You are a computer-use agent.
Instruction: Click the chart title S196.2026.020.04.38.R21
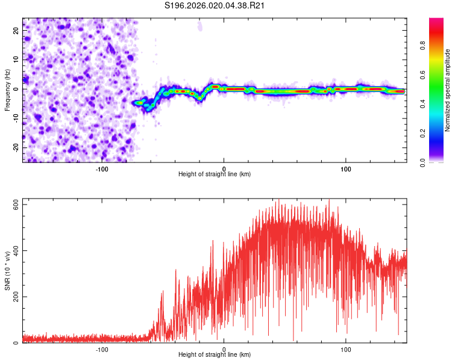coord(215,6)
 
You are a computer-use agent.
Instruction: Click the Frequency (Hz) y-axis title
coord(7,90)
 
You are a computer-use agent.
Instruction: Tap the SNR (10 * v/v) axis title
coord(7,270)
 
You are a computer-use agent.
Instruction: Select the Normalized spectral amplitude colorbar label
coord(447,91)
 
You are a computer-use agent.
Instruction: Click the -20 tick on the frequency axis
coord(16,147)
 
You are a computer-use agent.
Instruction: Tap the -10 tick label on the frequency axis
coord(16,118)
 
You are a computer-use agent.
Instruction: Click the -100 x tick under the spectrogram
coord(102,168)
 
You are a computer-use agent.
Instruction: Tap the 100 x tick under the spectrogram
coord(346,168)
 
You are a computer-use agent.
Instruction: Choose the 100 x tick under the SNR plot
coord(346,348)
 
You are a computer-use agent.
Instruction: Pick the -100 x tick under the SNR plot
coord(102,348)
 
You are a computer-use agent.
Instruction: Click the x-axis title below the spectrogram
coord(215,174)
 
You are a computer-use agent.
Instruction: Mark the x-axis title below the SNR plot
coord(215,355)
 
